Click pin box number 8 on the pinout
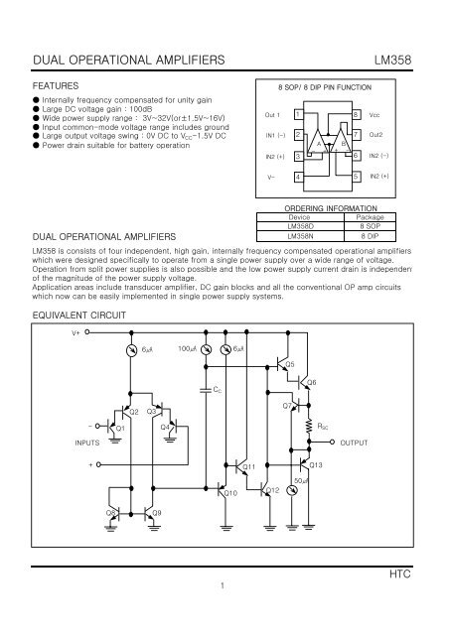pos(355,115)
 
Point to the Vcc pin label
pos(375,115)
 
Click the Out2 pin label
pos(376,135)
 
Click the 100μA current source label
pos(191,350)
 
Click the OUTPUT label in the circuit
pos(356,443)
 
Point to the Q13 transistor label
pos(317,464)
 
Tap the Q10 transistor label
pos(230,492)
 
